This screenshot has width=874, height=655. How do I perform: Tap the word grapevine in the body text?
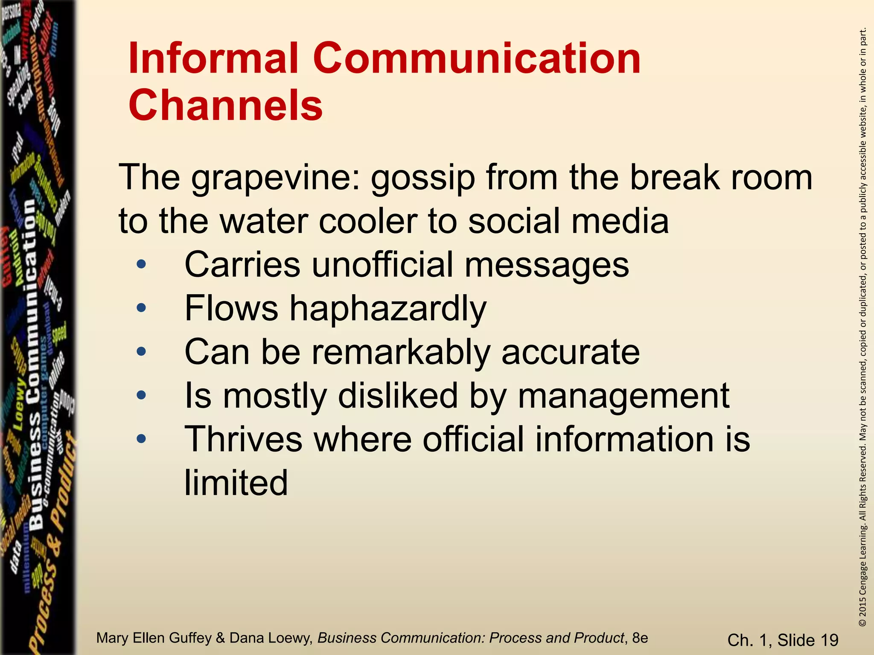pos(272,178)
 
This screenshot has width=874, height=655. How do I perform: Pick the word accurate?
pos(571,353)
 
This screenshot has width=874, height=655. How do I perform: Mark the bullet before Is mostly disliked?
pos(141,395)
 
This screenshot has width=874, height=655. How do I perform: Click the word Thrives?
pos(242,439)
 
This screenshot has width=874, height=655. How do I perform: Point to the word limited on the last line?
pos(236,483)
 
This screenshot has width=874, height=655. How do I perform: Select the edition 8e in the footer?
pos(640,638)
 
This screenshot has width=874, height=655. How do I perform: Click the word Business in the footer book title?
pos(347,638)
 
